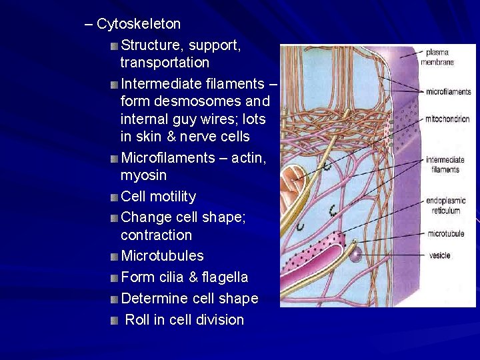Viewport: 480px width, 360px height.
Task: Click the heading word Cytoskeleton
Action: tap(139, 24)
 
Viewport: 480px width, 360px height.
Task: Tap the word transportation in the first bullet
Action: tap(165, 63)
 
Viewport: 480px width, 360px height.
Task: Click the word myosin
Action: tap(143, 175)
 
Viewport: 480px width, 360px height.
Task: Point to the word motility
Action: tap(173, 197)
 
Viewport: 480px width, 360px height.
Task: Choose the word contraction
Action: tap(156, 235)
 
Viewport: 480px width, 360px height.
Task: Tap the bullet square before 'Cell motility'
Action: tap(115, 197)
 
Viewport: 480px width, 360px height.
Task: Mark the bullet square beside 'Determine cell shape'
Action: tap(115, 299)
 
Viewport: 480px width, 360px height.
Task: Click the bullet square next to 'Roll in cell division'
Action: tap(115, 320)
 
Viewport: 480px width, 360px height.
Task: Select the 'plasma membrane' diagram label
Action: tap(437, 57)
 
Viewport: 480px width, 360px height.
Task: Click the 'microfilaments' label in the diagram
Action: tap(448, 92)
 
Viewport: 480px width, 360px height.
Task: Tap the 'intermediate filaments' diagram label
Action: tap(445, 165)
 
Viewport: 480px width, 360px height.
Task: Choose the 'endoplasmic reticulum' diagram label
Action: tap(444, 207)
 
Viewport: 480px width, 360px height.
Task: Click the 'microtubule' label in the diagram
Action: tap(445, 234)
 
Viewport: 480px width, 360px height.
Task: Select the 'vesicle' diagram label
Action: tap(439, 255)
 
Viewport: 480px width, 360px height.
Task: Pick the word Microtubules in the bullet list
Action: tap(162, 256)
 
